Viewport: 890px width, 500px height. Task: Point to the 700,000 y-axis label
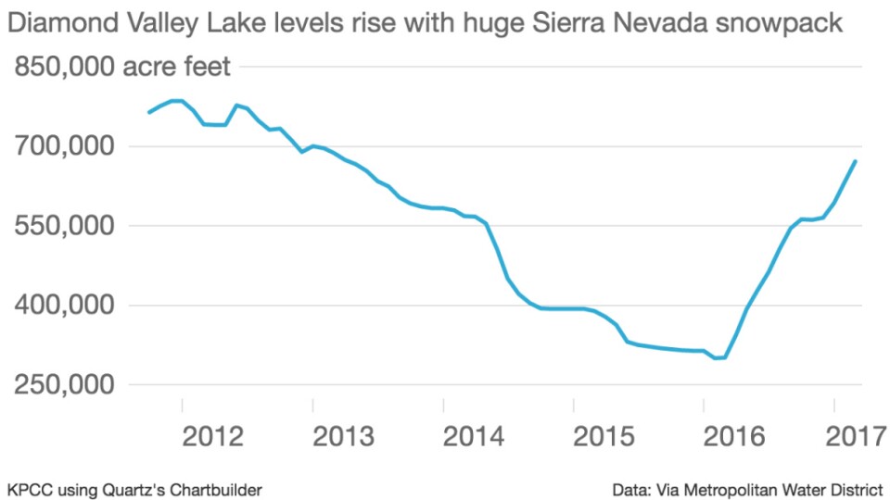pos(63,146)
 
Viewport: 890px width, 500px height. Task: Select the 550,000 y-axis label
pos(63,226)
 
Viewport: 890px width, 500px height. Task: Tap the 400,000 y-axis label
pos(63,306)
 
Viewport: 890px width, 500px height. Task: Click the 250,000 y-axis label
pos(63,385)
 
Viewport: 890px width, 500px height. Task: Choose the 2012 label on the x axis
pos(213,436)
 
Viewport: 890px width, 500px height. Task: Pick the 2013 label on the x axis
pos(344,436)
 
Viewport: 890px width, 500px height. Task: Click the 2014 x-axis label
pos(475,436)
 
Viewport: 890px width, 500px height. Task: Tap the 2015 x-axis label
pos(604,436)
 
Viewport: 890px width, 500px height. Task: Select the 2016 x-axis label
pos(735,436)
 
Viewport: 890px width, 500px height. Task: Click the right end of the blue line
pos(855,161)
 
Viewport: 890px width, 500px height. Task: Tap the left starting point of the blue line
pos(148,113)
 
